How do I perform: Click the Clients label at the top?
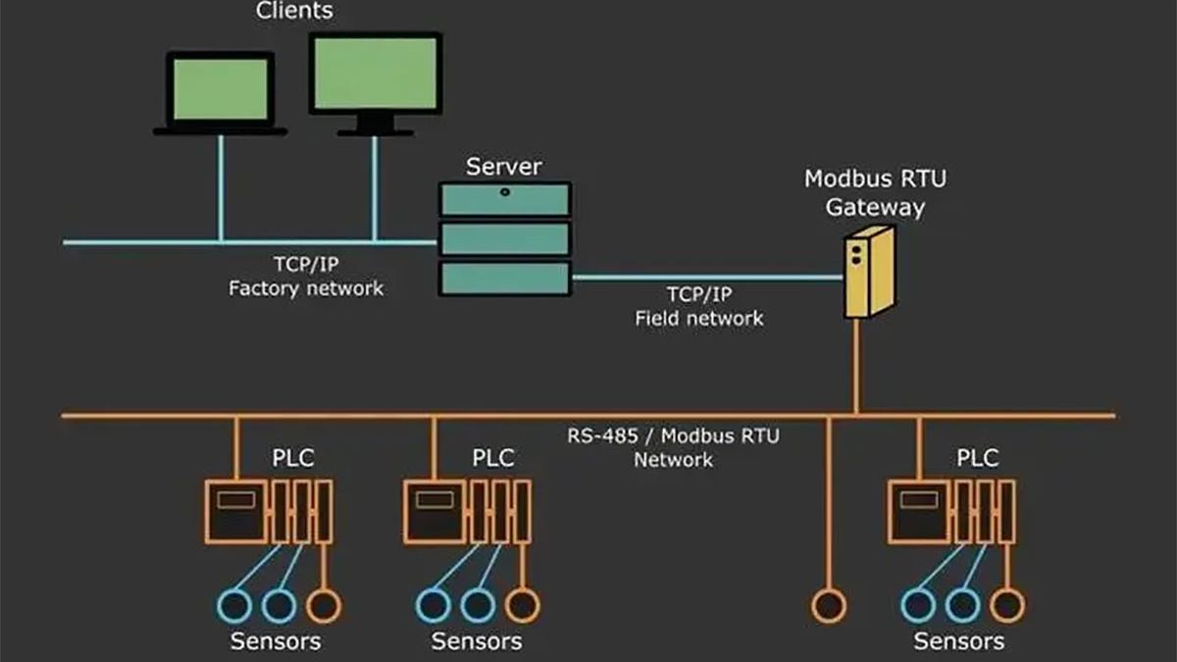click(x=294, y=11)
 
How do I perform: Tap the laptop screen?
click(x=221, y=89)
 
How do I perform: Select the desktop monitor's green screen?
click(x=375, y=73)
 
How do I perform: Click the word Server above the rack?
click(x=503, y=167)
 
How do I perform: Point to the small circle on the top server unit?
click(x=505, y=192)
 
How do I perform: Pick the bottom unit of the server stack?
click(x=505, y=279)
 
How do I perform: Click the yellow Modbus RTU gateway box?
click(x=869, y=273)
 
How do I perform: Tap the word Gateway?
click(x=875, y=207)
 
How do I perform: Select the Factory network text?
click(x=306, y=288)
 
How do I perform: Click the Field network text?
click(x=698, y=319)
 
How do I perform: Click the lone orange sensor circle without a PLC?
click(x=829, y=606)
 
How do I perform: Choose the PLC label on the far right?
click(x=977, y=458)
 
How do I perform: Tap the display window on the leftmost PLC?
click(x=236, y=499)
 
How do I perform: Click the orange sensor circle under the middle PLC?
click(x=522, y=605)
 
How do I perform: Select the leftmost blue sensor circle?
click(x=234, y=606)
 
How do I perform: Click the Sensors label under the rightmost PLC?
click(x=959, y=641)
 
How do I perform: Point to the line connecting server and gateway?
click(x=708, y=277)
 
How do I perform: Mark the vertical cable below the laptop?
click(x=221, y=188)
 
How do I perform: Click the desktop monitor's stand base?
click(x=375, y=133)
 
